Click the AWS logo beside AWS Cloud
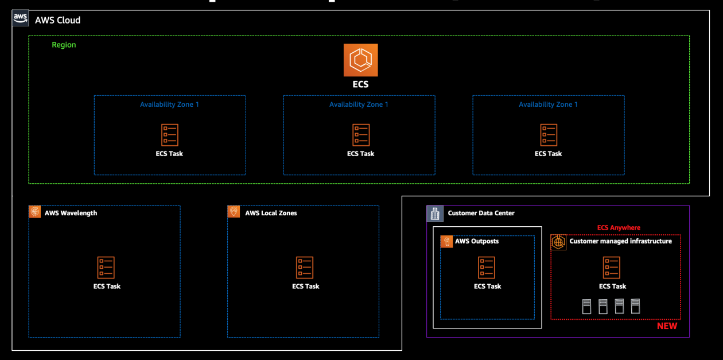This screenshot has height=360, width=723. click(x=20, y=19)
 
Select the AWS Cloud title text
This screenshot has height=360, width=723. click(x=57, y=20)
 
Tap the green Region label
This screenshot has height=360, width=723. click(x=64, y=45)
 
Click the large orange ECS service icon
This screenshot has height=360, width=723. click(x=360, y=60)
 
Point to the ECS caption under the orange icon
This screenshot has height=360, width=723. click(x=360, y=84)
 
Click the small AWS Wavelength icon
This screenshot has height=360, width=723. click(x=35, y=212)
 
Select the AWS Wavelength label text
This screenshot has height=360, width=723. click(x=71, y=213)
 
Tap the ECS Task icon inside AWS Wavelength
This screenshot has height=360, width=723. click(x=106, y=268)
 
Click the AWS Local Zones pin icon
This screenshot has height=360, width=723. click(x=234, y=212)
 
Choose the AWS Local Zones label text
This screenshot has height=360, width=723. click(x=271, y=213)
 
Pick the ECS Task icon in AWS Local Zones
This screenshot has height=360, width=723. click(x=305, y=268)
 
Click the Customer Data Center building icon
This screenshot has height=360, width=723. click(x=434, y=213)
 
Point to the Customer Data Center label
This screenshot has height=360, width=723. click(x=481, y=213)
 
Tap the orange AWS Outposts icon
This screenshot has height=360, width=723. click(x=446, y=241)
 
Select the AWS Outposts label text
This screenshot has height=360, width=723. click(x=477, y=241)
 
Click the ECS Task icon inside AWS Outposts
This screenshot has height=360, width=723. click(x=487, y=268)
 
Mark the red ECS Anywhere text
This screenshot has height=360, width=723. click(x=619, y=227)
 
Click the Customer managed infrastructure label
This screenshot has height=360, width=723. click(x=620, y=241)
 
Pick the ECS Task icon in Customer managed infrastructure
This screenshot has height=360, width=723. click(x=612, y=268)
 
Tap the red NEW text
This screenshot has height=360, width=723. click(x=667, y=326)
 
